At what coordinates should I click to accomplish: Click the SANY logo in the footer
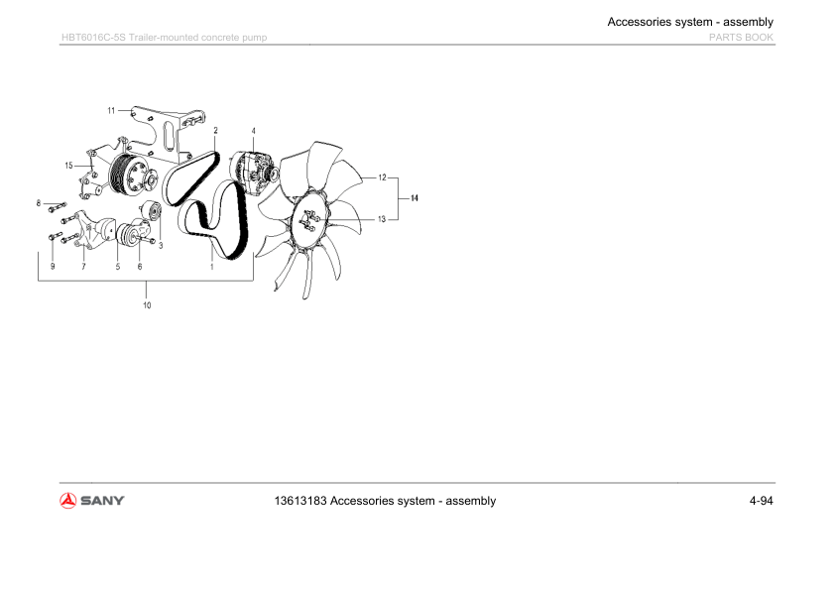coord(92,501)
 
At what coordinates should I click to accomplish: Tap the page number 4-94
coord(761,501)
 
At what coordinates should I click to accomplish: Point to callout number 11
coord(112,110)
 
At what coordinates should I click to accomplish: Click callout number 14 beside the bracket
coord(415,198)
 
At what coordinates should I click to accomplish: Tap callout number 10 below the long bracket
coord(147,305)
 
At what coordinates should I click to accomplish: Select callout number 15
coord(69,165)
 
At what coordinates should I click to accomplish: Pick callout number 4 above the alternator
coord(253,131)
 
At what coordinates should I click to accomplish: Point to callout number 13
coord(382,218)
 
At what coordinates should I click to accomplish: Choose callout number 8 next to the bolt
coord(39,203)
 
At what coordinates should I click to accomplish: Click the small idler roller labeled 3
coord(153,212)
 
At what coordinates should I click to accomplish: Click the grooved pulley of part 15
coord(123,175)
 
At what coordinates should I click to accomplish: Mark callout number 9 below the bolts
coord(53,267)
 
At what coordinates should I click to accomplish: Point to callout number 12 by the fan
coord(382,177)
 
